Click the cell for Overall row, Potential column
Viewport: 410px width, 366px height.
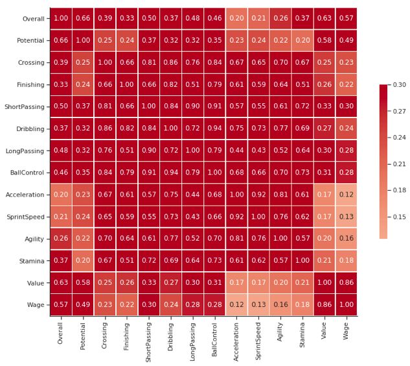82,19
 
